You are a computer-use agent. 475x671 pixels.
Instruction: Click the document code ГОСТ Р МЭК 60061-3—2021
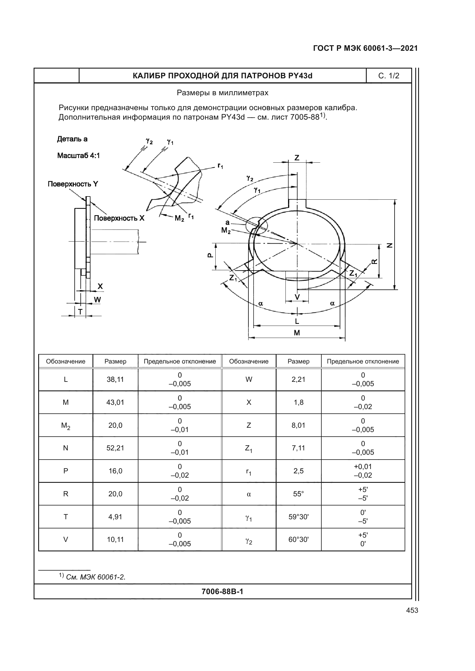365,48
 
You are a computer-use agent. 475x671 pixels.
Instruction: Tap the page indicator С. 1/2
389,76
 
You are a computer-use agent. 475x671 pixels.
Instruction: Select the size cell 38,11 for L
115,379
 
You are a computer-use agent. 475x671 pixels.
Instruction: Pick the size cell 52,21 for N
115,448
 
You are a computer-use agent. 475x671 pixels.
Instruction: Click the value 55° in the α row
298,494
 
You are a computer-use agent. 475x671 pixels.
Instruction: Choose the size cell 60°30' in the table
298,540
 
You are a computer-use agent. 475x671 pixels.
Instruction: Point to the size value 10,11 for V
115,540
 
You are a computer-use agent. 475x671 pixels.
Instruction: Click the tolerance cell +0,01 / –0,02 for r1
363,471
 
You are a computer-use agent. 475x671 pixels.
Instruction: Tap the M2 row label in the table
65,426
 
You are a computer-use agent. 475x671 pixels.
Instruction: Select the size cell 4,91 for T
115,517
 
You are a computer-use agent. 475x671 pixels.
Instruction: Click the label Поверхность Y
73,184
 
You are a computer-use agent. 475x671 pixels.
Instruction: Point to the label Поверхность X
119,218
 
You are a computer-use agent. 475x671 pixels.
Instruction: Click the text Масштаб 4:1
78,155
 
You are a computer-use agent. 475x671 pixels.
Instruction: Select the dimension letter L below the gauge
297,322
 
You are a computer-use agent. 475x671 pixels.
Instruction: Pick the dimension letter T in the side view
80,312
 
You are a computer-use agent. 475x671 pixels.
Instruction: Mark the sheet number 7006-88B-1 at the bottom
222,592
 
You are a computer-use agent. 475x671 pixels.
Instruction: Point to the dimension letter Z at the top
297,158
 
